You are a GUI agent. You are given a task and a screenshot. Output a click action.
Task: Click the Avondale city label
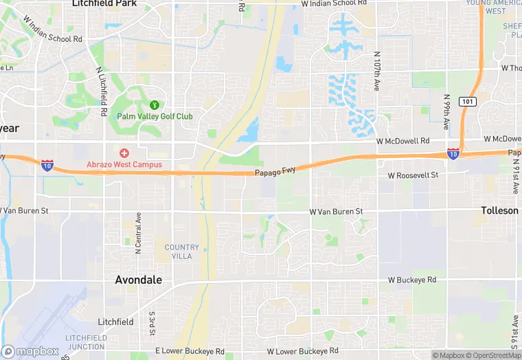139,280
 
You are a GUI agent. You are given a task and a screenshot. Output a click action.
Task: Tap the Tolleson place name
499,210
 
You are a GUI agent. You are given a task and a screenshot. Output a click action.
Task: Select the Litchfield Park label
104,3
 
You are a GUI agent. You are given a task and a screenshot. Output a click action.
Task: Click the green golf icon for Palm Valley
155,105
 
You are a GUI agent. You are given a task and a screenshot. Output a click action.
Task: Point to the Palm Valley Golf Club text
155,116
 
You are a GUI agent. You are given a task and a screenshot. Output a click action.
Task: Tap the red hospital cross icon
124,153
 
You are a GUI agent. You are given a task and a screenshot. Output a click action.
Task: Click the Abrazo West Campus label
124,164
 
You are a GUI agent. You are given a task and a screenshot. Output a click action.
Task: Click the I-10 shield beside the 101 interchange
453,153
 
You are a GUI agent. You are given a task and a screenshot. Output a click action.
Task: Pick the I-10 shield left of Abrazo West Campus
47,165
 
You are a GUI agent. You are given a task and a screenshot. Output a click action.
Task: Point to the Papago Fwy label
275,171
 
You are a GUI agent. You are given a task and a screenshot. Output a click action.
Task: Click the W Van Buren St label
335,212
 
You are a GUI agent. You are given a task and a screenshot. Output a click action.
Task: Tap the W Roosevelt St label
413,175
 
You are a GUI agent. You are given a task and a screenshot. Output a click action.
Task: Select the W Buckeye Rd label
412,280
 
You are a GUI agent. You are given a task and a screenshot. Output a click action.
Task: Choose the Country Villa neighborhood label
182,251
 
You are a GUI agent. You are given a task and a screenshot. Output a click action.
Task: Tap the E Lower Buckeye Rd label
190,351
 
